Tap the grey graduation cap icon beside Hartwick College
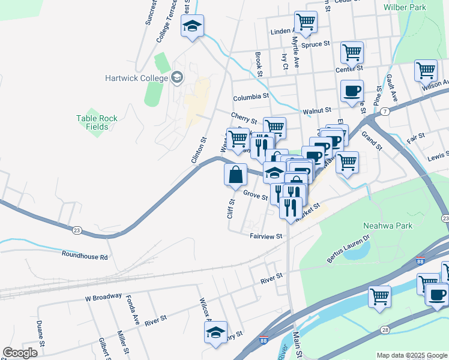pos(176,77)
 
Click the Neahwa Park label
pos(388,226)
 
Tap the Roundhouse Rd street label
pos(85,256)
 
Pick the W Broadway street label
pos(103,296)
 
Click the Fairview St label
pos(266,236)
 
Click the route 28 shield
pos(385,330)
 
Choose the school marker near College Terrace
pos(193,26)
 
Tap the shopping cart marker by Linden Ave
pos(306,22)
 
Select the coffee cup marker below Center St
pos(352,91)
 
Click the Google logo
pos(20,353)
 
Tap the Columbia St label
pos(251,97)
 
